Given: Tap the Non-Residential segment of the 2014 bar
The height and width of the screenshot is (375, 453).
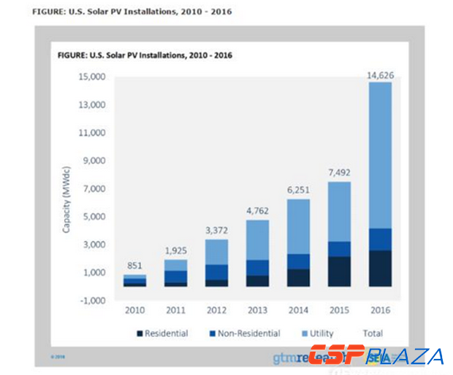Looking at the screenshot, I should point(298,261).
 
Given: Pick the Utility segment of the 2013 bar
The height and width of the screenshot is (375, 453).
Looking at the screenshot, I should point(257,240).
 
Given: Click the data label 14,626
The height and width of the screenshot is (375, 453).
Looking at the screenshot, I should point(380,74).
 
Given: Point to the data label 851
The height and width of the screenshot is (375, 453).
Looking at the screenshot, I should point(134,266).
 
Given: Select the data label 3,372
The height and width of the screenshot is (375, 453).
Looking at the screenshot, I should point(216,231).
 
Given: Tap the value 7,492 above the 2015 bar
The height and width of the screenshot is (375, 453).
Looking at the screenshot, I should point(339,173).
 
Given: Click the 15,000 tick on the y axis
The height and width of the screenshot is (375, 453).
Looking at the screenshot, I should point(93,77).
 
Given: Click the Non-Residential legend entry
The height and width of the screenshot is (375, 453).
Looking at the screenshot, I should point(245,333).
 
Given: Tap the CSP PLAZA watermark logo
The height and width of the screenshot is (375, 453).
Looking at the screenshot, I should point(375,357).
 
